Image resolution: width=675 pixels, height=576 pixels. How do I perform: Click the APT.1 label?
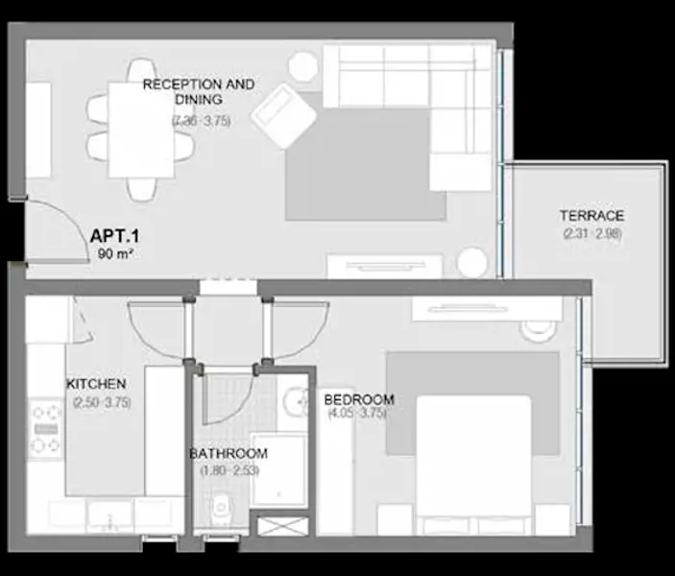pos(116,236)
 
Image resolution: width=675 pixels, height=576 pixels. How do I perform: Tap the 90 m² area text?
pos(116,254)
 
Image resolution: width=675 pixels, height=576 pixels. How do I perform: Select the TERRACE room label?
pos(591,216)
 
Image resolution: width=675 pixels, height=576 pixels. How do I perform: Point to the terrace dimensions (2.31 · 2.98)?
pos(591,233)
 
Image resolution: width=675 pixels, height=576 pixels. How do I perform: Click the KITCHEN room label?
pos(96,384)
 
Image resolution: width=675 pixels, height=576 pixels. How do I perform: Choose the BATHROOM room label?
pos(228,453)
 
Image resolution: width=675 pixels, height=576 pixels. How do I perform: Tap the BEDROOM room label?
pos(359,399)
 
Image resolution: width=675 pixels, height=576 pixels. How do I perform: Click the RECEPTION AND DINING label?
pos(199,92)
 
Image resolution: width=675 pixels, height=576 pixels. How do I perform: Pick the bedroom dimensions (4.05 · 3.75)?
pos(356,414)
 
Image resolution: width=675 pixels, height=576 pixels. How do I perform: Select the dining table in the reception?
pos(139,131)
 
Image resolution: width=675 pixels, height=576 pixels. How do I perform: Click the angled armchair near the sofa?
pos(284,116)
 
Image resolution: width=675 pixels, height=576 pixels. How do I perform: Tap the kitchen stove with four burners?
pos(45,429)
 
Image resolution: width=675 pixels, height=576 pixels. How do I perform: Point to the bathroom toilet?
pos(220,507)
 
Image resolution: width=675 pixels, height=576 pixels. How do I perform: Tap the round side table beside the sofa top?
pos(302,65)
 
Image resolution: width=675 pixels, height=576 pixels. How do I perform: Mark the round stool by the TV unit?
pos(471,262)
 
